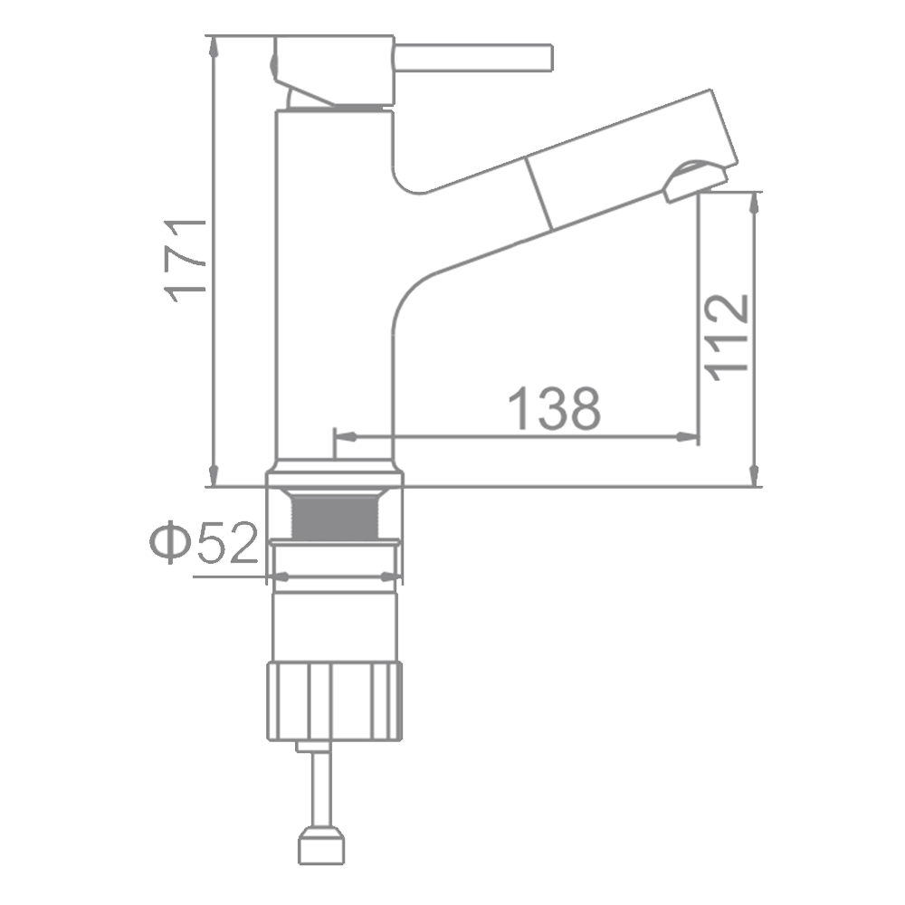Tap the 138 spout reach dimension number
555,409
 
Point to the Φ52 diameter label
204,542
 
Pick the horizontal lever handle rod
474,58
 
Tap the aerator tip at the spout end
694,179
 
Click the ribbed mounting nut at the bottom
334,702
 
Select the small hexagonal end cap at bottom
321,846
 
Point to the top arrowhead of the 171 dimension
214,47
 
